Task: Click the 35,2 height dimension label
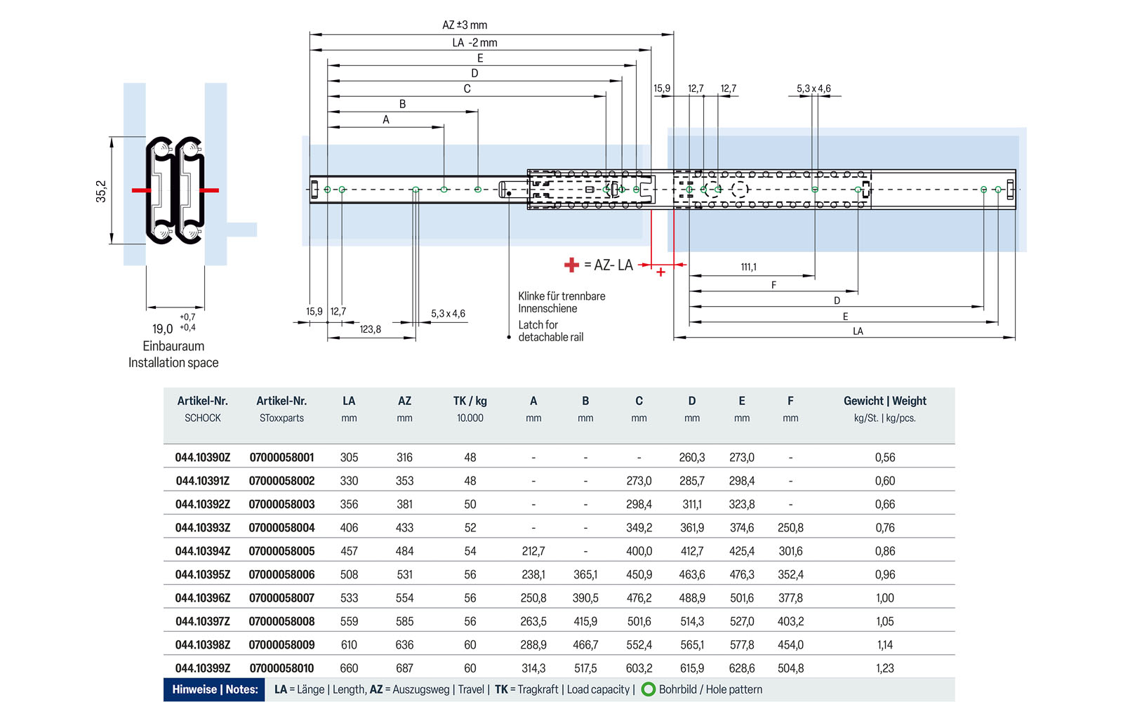(101, 191)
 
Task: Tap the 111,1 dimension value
(748, 267)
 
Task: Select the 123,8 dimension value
(370, 329)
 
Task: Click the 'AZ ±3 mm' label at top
(465, 25)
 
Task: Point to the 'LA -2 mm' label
(474, 43)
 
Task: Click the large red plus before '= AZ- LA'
(571, 265)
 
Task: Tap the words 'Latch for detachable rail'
(550, 331)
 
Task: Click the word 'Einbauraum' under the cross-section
(173, 346)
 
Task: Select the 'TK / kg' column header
(470, 401)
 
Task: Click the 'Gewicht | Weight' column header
(885, 401)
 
